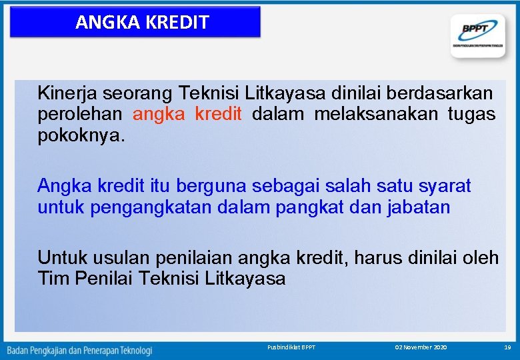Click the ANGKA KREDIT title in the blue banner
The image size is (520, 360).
[x=142, y=22]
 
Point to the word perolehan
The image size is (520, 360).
[x=81, y=114]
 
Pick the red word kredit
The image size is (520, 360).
[x=218, y=114]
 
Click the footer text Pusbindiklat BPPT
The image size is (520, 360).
[x=291, y=347]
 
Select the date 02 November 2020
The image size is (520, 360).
[x=421, y=347]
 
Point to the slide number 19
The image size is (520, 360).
[x=507, y=347]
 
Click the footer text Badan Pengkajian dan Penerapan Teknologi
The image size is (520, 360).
[x=80, y=349]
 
